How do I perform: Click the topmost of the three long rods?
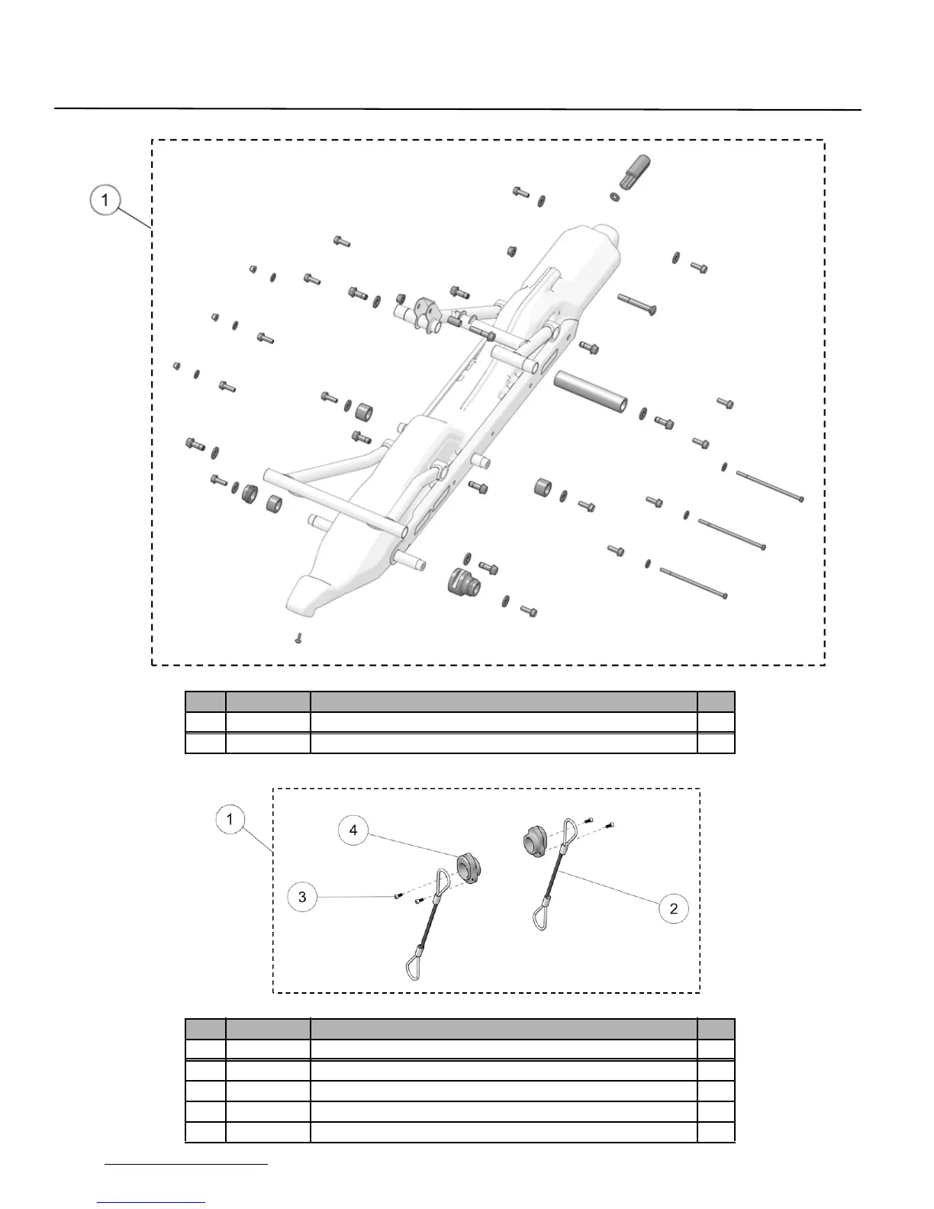[x=770, y=486]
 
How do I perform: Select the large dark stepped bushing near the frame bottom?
[x=462, y=584]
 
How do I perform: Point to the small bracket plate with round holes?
[x=424, y=313]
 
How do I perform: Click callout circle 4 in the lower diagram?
[x=353, y=830]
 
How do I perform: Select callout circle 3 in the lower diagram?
[x=302, y=897]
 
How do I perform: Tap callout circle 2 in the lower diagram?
[x=674, y=908]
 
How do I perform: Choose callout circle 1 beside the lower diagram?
[x=230, y=821]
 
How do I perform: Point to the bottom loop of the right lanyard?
[x=543, y=916]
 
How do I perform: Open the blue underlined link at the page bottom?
[x=152, y=1201]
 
